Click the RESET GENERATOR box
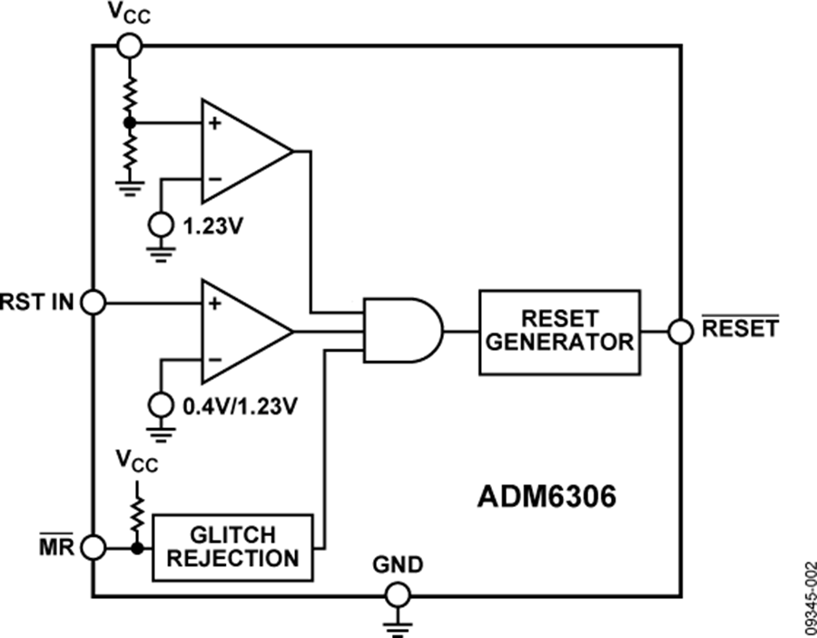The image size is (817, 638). coord(559,332)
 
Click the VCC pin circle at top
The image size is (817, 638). coord(129,45)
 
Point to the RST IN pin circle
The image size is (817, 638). coord(94,301)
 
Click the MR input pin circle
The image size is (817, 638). coord(94,547)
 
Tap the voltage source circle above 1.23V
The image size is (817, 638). coord(162,221)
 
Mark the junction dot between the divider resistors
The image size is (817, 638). coord(130,122)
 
